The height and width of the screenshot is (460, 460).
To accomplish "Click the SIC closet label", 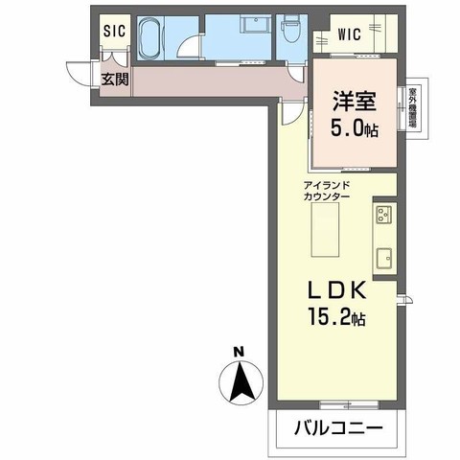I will pyautogui.click(x=115, y=31).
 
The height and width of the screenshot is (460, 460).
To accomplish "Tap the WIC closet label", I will pyautogui.click(x=351, y=35).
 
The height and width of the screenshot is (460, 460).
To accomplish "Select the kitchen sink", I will pyautogui.click(x=384, y=256).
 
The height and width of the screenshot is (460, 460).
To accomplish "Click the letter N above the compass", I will pyautogui.click(x=242, y=350).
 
